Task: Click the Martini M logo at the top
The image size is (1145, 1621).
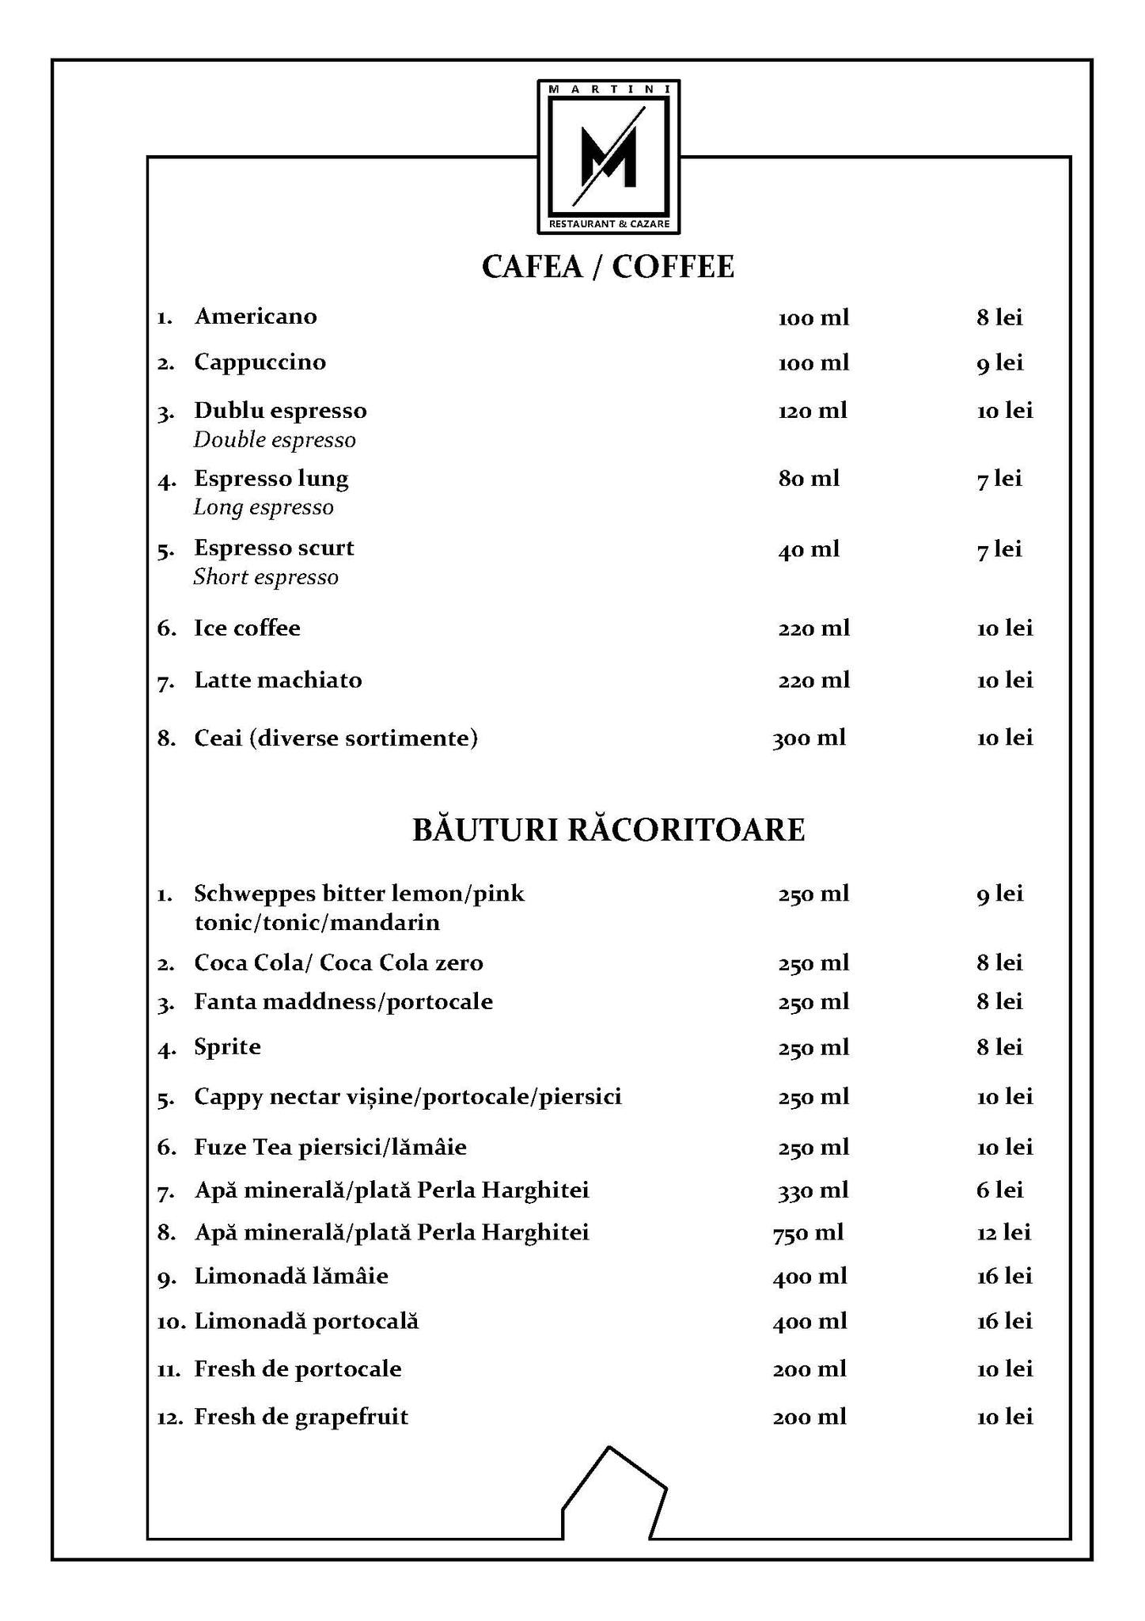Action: [609, 156]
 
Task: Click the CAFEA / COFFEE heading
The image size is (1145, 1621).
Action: [608, 268]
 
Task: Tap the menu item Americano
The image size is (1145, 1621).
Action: [256, 317]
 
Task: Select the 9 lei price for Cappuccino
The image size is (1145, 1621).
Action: [999, 363]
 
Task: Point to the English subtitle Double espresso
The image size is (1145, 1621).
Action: [275, 440]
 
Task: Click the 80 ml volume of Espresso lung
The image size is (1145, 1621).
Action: [809, 479]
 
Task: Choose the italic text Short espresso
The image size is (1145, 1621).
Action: [266, 578]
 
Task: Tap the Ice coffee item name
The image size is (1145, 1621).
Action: [248, 628]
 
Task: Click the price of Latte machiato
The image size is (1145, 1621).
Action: [1005, 681]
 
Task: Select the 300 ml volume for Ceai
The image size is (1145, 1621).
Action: [809, 738]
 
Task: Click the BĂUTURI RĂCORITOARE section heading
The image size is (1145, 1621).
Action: [609, 830]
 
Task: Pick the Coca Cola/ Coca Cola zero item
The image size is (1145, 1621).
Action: [339, 963]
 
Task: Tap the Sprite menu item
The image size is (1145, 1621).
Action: [228, 1047]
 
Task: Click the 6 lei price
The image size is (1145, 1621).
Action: [999, 1190]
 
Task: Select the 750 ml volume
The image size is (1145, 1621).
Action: [808, 1232]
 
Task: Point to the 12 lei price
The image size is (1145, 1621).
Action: [1004, 1232]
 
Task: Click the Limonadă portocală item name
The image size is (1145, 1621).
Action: [307, 1321]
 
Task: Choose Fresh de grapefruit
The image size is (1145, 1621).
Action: [301, 1416]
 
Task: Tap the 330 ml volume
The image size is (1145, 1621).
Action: [813, 1190]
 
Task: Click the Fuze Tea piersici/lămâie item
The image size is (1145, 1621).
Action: [331, 1148]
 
